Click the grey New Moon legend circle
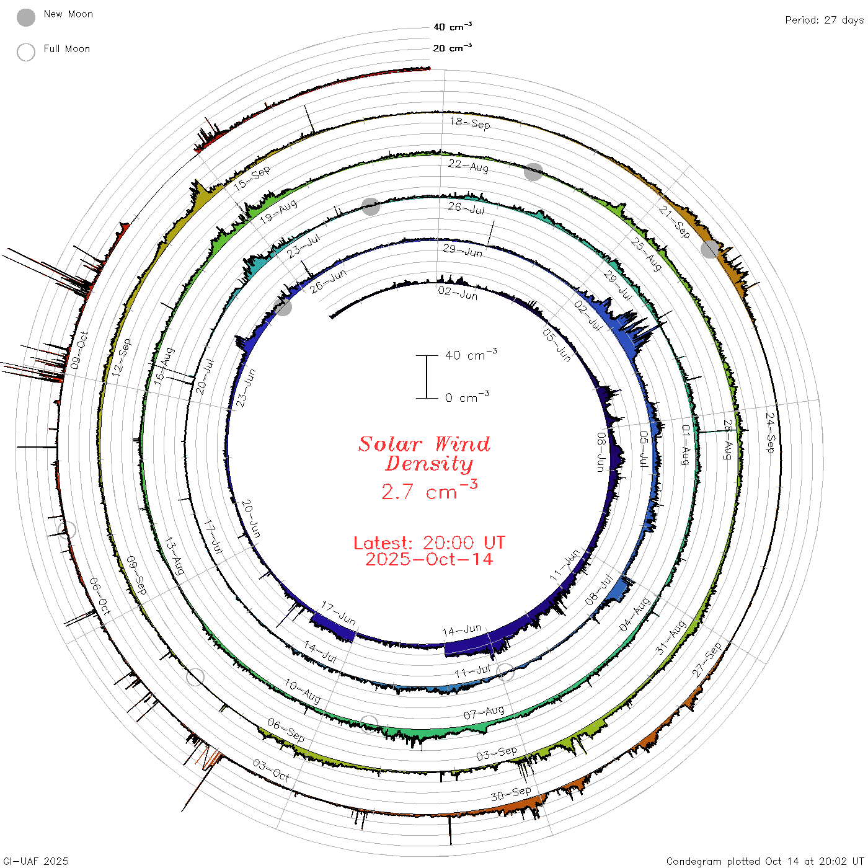[x=25, y=17]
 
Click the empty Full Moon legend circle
[x=25, y=52]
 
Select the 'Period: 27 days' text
[x=824, y=20]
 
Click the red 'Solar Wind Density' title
[x=425, y=454]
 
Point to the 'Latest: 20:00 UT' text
[x=429, y=542]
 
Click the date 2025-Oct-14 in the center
[x=429, y=559]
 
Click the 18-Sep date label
[x=470, y=123]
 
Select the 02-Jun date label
[x=458, y=293]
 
